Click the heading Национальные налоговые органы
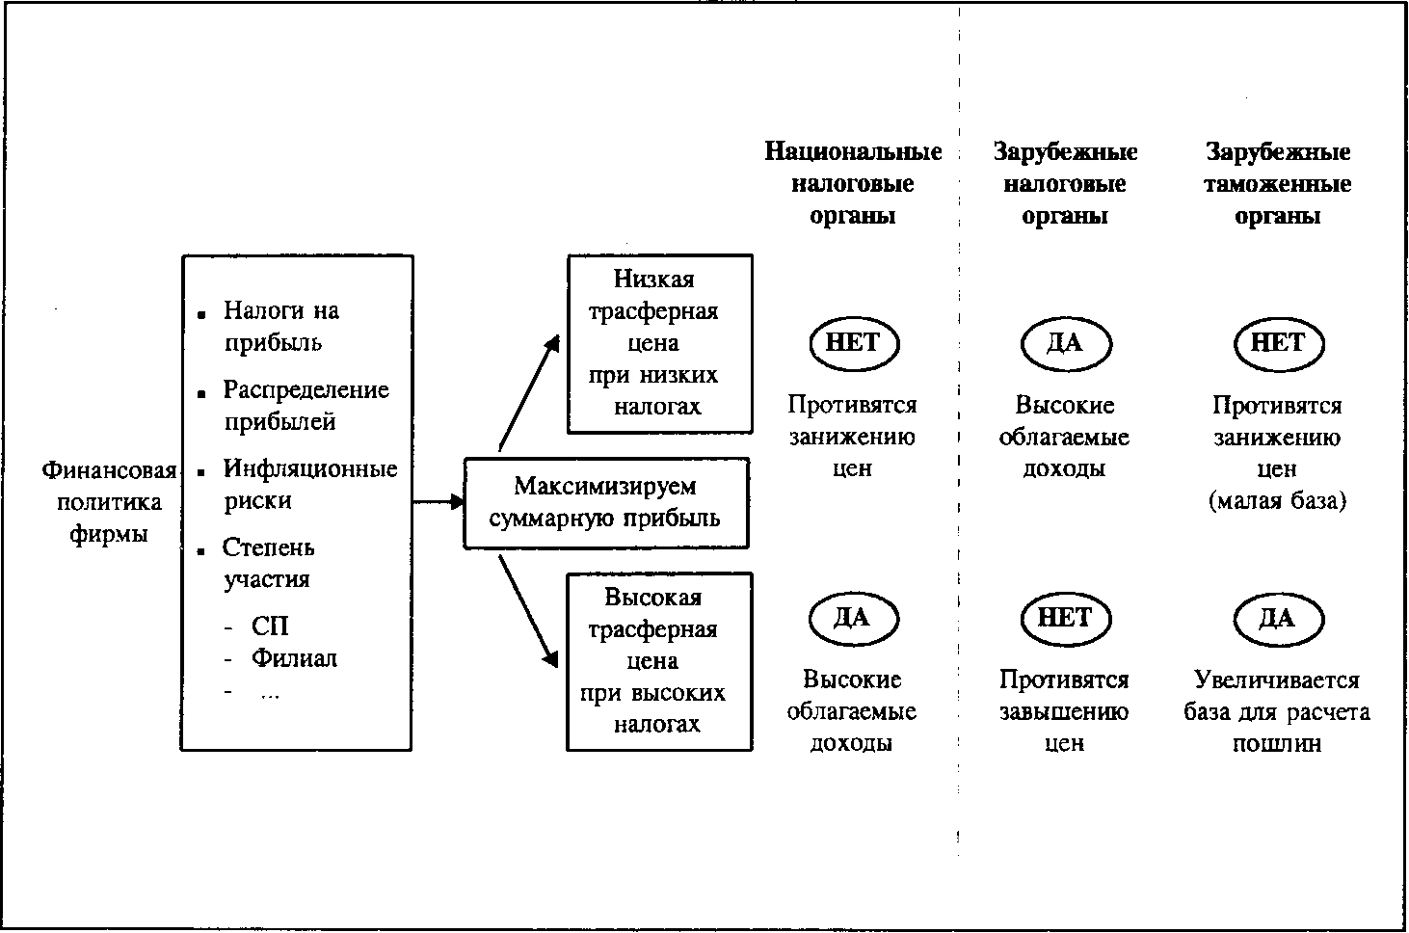coord(853,183)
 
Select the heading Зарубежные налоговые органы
coord(1065,183)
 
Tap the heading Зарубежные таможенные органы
coord(1277,183)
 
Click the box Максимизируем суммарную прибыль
coord(606,502)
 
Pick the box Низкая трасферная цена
coord(659,343)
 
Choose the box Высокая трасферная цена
coord(659,661)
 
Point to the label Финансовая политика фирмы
coord(109,502)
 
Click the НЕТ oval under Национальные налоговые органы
coord(853,343)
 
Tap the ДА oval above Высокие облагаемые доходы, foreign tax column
coord(1065,343)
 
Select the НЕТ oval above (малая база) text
coord(1278,343)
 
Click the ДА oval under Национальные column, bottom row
coord(853,618)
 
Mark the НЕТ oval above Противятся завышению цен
coord(1065,618)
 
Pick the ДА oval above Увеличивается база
coord(1278,618)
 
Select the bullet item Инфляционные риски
coord(308,485)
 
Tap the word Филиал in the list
coord(294,659)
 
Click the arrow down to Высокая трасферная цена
coord(528,610)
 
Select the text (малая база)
coord(1277,501)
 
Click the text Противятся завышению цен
coord(1064,711)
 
